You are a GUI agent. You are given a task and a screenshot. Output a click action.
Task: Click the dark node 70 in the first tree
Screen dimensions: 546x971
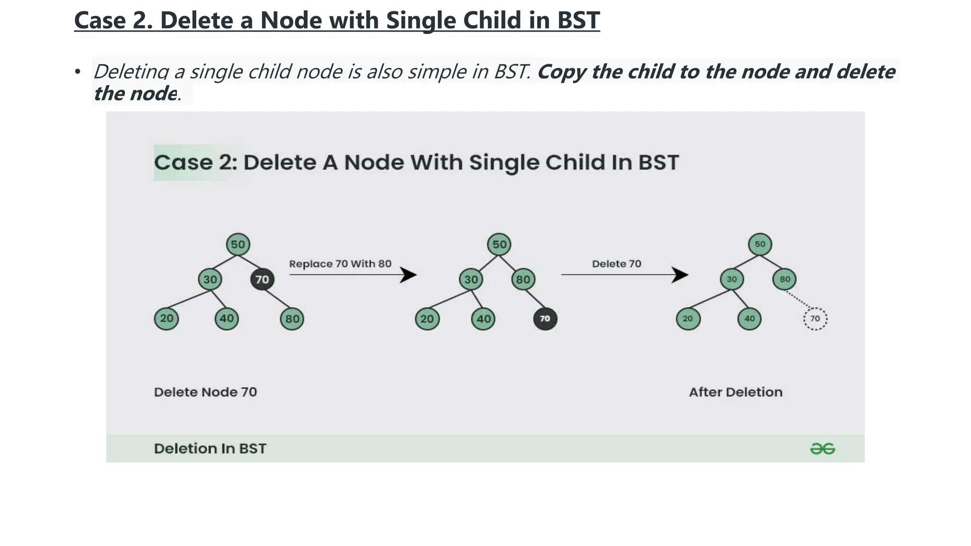coord(262,279)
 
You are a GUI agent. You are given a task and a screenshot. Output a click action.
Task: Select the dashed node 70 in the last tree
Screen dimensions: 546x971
coord(815,318)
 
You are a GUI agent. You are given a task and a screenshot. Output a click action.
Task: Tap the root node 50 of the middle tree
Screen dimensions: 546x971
coord(499,245)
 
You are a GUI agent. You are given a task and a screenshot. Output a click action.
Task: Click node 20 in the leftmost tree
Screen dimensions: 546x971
coord(166,318)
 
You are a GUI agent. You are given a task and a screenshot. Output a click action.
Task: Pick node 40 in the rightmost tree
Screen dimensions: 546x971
coord(750,318)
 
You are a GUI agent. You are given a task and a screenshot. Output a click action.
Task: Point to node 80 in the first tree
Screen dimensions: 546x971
coord(292,319)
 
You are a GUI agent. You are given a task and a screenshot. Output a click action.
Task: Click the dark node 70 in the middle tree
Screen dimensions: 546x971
coord(545,318)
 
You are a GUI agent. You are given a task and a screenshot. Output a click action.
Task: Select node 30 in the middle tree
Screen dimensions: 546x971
coord(471,279)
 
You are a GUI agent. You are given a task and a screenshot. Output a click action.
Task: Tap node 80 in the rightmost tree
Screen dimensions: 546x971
coord(785,279)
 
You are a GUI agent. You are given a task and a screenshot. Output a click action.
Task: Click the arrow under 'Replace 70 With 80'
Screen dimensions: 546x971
coord(353,275)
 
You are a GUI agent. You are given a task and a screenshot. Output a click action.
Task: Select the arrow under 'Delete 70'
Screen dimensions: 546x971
coord(624,275)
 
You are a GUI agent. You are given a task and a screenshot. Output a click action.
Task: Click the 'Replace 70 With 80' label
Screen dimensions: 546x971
coord(340,264)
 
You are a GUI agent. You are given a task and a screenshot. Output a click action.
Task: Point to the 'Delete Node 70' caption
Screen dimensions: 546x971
coord(205,392)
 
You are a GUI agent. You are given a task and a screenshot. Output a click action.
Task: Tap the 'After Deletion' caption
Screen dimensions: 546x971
coord(735,392)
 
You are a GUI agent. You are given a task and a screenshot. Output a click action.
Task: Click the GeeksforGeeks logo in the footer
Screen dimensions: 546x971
coord(822,448)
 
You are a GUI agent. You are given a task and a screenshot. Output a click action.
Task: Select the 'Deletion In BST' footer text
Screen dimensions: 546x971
coord(210,448)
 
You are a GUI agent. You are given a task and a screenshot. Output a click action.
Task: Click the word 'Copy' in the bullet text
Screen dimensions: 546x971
coord(561,72)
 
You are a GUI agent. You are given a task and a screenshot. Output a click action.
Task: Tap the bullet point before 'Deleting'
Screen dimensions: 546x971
coord(78,72)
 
